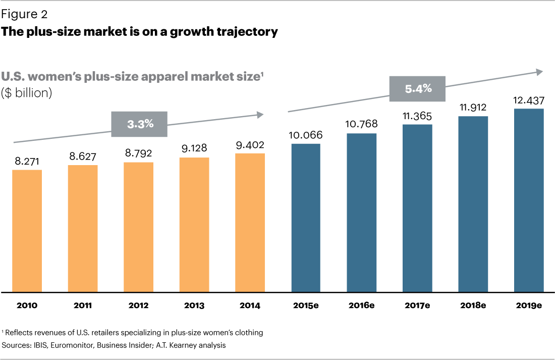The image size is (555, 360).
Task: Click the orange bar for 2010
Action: point(27,231)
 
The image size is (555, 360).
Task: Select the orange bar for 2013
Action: point(194,225)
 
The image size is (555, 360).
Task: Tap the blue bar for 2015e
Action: point(305,218)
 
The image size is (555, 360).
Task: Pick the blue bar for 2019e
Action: point(529,200)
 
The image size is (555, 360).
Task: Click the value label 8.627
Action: point(83,157)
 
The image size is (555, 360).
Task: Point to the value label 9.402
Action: point(250,145)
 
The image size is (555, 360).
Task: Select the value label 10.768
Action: point(361,124)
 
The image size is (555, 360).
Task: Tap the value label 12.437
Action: point(529,100)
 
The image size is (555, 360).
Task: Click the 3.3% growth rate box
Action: point(140,124)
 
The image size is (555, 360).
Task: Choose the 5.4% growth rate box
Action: point(418,89)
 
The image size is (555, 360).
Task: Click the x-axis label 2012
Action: point(138,305)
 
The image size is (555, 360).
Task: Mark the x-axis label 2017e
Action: point(417,305)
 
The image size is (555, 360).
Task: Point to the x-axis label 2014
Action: point(250,305)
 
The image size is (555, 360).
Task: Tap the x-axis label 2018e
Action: point(473,305)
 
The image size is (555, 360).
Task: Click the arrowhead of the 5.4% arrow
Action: point(540,72)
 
